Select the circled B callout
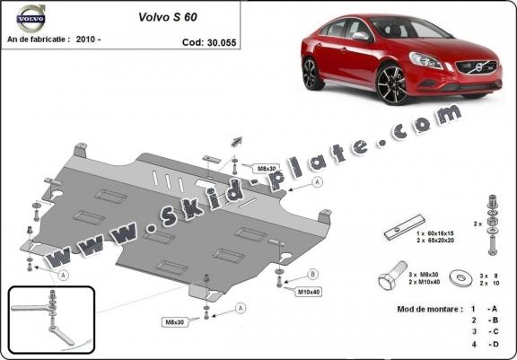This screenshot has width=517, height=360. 312,274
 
